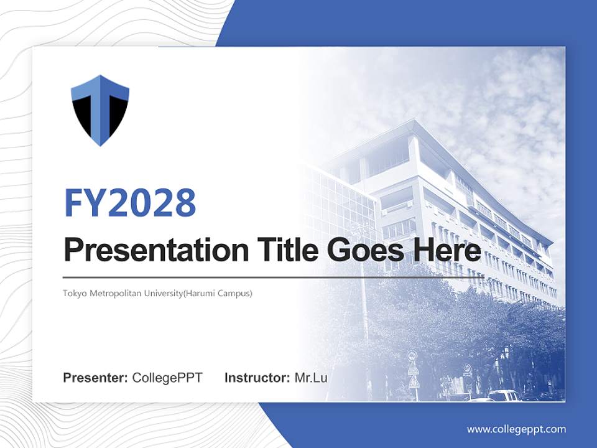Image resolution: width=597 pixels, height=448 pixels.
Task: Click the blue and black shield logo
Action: (x=100, y=110)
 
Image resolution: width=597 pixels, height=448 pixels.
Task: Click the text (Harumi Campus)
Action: (x=222, y=293)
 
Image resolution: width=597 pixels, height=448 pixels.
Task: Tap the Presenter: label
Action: (x=96, y=378)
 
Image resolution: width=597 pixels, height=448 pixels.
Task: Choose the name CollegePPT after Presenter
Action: (x=167, y=378)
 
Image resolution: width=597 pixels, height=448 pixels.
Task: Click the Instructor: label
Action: (x=257, y=378)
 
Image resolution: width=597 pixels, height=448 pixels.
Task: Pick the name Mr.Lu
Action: (x=311, y=378)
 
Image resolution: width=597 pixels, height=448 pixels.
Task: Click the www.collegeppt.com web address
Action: (x=516, y=429)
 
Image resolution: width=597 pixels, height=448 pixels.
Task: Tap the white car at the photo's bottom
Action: (x=504, y=396)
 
